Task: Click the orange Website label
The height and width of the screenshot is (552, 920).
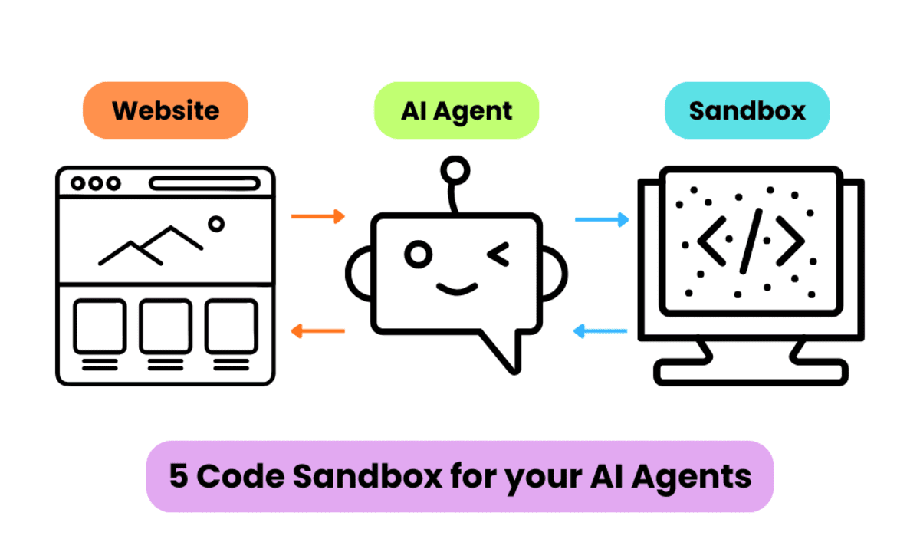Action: pyautogui.click(x=166, y=110)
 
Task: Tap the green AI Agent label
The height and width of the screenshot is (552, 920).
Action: pyautogui.click(x=457, y=110)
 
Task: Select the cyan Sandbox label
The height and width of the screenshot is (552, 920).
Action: pyautogui.click(x=747, y=110)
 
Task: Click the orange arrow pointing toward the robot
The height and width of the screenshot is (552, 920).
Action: pyautogui.click(x=318, y=217)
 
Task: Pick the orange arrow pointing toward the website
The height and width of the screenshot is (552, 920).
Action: pyautogui.click(x=318, y=331)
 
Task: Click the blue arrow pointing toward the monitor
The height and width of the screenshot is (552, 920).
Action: pyautogui.click(x=602, y=220)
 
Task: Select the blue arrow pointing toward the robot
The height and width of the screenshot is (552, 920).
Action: pyautogui.click(x=602, y=331)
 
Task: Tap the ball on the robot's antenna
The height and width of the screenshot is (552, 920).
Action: pyautogui.click(x=455, y=169)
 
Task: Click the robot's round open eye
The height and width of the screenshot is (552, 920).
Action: pyautogui.click(x=417, y=255)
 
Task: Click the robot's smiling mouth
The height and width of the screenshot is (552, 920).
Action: pyautogui.click(x=457, y=288)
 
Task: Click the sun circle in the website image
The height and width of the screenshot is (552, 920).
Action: pyautogui.click(x=216, y=224)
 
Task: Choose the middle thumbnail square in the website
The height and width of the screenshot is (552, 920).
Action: pyautogui.click(x=166, y=327)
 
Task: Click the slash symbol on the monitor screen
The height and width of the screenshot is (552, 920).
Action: pyautogui.click(x=751, y=240)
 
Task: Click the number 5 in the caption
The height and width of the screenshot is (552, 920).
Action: pyautogui.click(x=178, y=476)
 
